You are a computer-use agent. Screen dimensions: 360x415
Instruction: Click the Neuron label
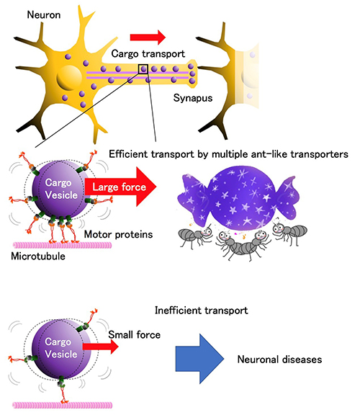click(x=44, y=15)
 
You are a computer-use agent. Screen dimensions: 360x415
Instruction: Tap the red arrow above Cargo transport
click(x=148, y=37)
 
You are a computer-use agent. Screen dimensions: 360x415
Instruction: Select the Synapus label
click(x=193, y=98)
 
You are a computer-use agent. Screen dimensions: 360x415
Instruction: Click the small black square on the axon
click(x=143, y=69)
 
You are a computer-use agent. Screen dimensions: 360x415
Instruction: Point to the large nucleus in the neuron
click(x=69, y=78)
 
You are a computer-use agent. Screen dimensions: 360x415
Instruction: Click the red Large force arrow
click(x=120, y=187)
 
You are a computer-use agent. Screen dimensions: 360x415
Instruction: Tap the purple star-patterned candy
click(x=238, y=197)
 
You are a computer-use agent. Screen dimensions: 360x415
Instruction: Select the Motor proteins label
click(x=118, y=234)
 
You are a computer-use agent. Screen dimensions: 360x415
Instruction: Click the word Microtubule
click(x=38, y=256)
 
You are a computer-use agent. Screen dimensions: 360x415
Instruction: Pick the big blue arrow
click(x=199, y=359)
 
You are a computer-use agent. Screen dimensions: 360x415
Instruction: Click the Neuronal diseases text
click(x=279, y=360)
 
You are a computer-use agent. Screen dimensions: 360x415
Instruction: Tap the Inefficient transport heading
click(x=202, y=311)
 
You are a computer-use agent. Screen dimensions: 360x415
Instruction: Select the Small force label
click(x=135, y=335)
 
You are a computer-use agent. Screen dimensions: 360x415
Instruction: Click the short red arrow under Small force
click(x=100, y=347)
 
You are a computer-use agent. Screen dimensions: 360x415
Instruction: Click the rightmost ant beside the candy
click(x=289, y=233)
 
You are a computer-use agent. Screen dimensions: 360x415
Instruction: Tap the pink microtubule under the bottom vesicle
click(x=63, y=405)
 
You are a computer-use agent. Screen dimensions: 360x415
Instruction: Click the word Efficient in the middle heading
click(x=127, y=154)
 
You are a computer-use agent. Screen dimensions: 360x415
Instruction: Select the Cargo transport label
click(x=148, y=54)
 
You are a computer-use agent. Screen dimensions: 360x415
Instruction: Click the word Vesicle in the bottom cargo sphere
click(x=61, y=354)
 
